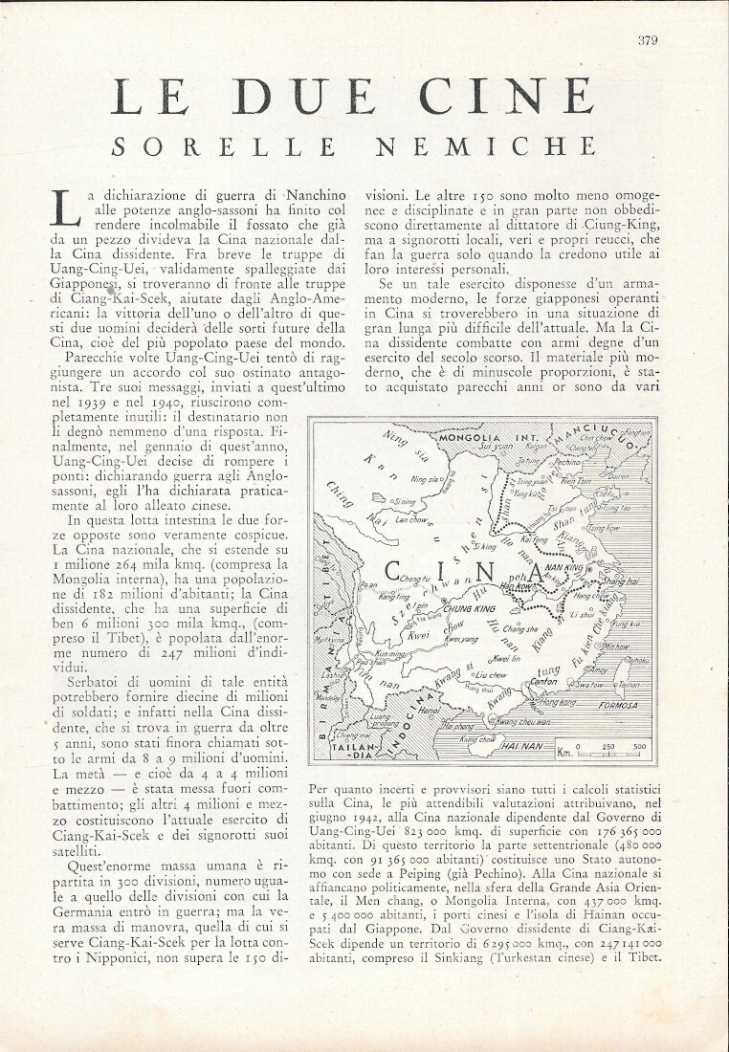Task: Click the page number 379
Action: click(x=648, y=39)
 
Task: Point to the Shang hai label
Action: click(x=617, y=581)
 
